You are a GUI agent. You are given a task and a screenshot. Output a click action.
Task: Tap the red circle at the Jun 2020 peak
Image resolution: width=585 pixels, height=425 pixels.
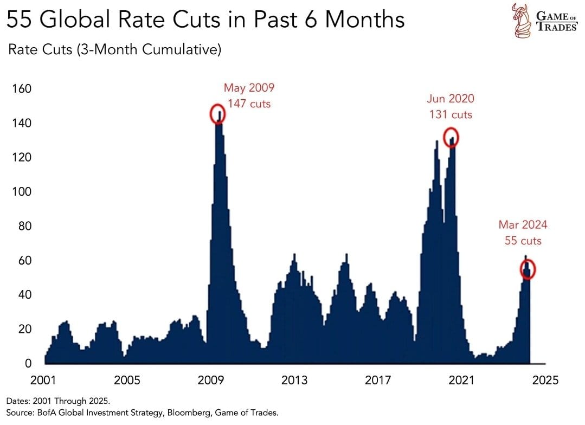451,138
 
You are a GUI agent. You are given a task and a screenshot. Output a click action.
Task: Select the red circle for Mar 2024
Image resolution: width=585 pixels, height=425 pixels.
528,269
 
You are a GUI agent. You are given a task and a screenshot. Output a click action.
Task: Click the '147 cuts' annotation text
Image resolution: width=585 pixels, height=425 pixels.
249,104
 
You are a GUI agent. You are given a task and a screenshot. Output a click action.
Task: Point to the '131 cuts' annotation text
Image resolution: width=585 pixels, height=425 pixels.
451,114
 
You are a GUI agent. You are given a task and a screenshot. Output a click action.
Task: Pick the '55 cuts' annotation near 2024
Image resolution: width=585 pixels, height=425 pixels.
523,241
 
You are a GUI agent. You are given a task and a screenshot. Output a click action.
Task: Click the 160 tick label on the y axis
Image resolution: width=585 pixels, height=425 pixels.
22,89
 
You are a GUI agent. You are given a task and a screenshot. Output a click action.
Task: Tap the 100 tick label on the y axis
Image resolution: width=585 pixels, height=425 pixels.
22,192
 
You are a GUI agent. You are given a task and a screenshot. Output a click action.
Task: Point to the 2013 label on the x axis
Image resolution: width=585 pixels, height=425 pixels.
294,379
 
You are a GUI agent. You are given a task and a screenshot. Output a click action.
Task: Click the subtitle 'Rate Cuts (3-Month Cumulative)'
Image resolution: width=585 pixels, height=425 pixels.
114,50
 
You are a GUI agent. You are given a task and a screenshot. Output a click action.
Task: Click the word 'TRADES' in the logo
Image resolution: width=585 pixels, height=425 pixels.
557,27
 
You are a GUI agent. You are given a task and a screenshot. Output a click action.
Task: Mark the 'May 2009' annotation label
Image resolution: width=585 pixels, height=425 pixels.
249,88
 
